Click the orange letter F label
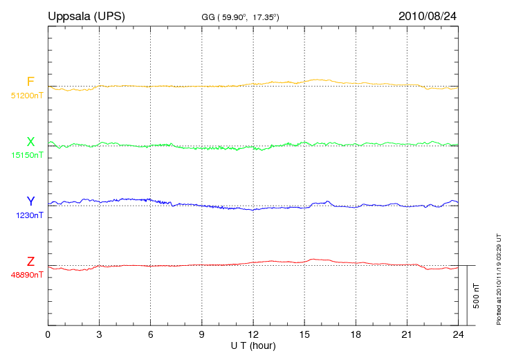pyautogui.click(x=30, y=82)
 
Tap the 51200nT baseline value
pyautogui.click(x=27, y=96)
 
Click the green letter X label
pyautogui.click(x=30, y=142)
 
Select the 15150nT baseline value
pyautogui.click(x=27, y=155)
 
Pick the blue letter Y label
pyautogui.click(x=30, y=202)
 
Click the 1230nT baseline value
pyautogui.click(x=29, y=215)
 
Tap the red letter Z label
pyautogui.click(x=30, y=262)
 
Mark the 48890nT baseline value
pyautogui.click(x=27, y=275)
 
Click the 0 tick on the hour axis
pyautogui.click(x=48, y=334)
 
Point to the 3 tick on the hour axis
pyautogui.click(x=99, y=334)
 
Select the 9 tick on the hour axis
pyautogui.click(x=201, y=334)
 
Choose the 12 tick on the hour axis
pyautogui.click(x=252, y=334)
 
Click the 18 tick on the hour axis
pyautogui.click(x=355, y=334)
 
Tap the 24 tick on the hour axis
pyautogui.click(x=457, y=334)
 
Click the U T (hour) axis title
pyautogui.click(x=252, y=345)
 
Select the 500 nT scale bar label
pyautogui.click(x=476, y=295)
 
